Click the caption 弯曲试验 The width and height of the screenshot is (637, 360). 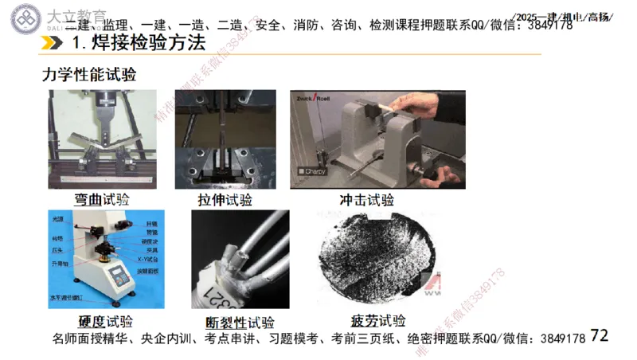[x=101, y=199]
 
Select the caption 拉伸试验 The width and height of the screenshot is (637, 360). [x=225, y=199]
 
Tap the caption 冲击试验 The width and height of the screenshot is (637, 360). [x=367, y=199]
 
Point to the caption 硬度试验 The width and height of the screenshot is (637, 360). [x=105, y=322]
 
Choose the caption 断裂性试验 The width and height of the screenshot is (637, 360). [x=240, y=323]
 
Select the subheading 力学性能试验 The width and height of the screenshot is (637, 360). [x=89, y=75]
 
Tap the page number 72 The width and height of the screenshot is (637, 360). [x=600, y=336]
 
